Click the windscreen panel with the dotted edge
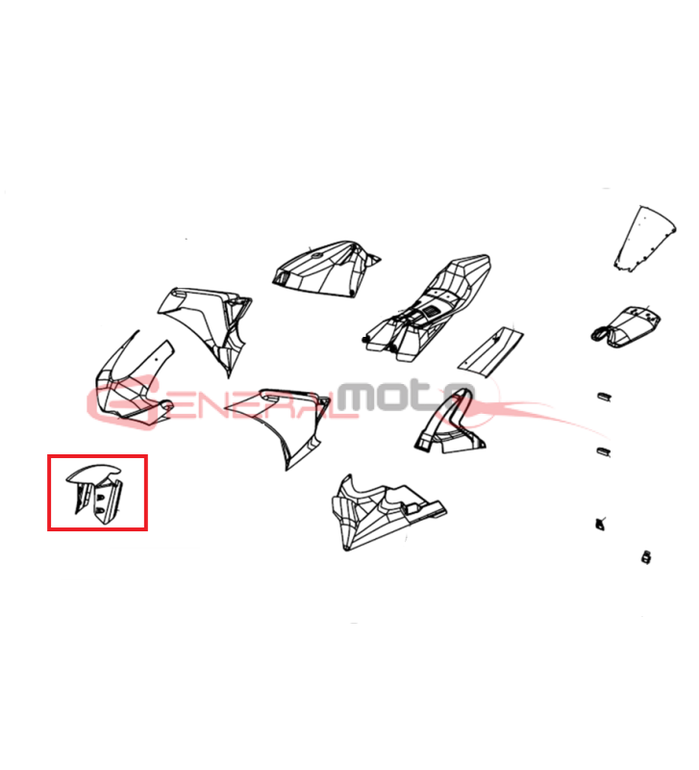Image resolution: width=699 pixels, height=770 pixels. coord(645,239)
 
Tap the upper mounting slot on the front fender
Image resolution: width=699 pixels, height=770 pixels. coord(101,498)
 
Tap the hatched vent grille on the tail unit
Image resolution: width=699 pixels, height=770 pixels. coord(430,311)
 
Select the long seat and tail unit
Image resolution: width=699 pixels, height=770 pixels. coord(427,308)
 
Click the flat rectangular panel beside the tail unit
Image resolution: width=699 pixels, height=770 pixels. coord(490,351)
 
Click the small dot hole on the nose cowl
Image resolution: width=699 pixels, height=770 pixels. coord(157,358)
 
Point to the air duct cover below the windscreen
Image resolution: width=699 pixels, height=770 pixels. coord(625,326)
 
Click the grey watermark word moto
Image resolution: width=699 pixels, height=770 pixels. coord(406,397)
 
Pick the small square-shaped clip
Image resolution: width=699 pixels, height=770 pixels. coord(646,557)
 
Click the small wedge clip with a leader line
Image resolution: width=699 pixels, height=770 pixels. coord(599,524)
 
